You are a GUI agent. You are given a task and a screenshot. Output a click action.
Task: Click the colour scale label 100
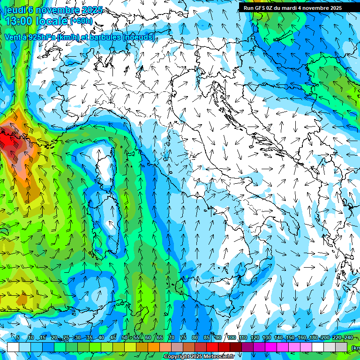point(232,338)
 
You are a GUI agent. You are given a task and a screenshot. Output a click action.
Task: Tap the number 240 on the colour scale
point(348,338)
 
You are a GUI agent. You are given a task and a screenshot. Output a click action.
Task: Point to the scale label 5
point(18,338)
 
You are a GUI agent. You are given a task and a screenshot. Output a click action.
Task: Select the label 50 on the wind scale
point(124,338)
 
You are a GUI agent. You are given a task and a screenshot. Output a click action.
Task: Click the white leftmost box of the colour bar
point(13,347)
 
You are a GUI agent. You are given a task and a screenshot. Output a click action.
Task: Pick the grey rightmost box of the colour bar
point(341,347)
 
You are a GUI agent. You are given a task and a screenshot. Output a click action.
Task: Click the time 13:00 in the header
point(20,21)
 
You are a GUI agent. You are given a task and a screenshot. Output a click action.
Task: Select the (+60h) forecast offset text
point(82,21)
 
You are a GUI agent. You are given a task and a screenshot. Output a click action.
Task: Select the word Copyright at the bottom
point(176,357)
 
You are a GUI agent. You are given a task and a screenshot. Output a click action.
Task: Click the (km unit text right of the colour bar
point(355,347)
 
